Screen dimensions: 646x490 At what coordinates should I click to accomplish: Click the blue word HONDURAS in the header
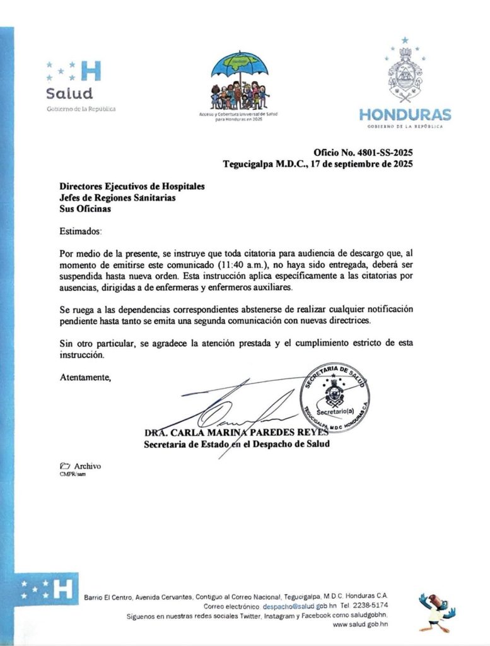click(x=405, y=115)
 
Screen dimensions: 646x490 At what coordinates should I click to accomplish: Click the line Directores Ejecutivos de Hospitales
click(x=132, y=186)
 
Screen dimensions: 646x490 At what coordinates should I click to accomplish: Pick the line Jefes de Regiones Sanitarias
click(x=117, y=197)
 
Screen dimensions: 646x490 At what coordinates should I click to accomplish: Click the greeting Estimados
click(x=80, y=232)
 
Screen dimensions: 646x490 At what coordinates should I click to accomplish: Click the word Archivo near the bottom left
click(x=88, y=466)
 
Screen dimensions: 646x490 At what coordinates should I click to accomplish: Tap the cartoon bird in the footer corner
click(x=436, y=610)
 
